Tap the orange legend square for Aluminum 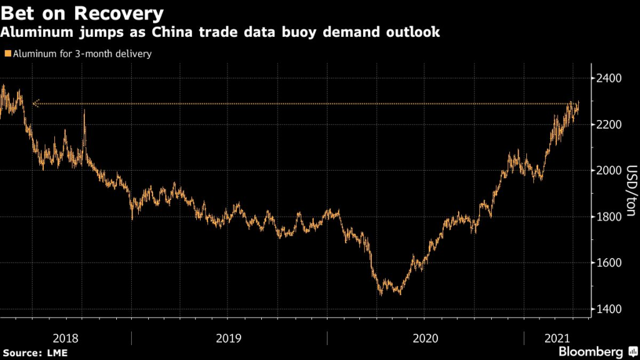(x=6, y=54)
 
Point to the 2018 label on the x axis (x=66, y=338)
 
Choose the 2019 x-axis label (x=229, y=338)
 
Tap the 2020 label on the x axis (x=426, y=338)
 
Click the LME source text (x=56, y=353)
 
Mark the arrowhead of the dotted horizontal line (x=34, y=104)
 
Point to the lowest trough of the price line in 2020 (x=381, y=294)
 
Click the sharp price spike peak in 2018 (x=84, y=111)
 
